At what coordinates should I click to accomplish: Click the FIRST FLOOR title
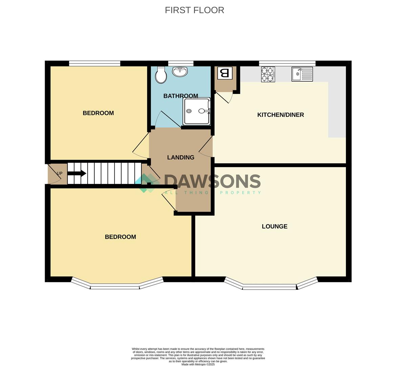click(x=195, y=10)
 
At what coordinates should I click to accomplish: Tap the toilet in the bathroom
click(x=161, y=75)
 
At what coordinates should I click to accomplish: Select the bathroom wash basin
click(x=180, y=71)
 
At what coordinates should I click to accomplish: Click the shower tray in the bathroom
click(x=197, y=111)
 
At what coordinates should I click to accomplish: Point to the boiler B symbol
click(x=224, y=73)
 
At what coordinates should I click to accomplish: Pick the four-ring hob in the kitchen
click(x=268, y=74)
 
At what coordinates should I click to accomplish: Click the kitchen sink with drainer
click(x=302, y=74)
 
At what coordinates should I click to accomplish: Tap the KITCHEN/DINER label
click(x=281, y=115)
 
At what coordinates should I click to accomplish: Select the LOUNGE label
click(x=274, y=226)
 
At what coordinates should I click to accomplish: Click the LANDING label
click(x=181, y=157)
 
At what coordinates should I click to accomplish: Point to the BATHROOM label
click(x=181, y=96)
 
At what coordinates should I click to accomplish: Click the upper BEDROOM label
click(x=98, y=113)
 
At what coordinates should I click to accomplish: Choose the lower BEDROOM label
click(x=120, y=237)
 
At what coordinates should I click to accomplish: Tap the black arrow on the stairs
click(x=77, y=174)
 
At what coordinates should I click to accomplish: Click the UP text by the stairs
click(x=60, y=174)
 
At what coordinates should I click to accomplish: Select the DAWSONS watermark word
click(x=213, y=181)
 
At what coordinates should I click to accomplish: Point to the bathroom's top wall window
click(x=181, y=63)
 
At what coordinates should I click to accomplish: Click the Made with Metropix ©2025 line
click(x=198, y=365)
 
